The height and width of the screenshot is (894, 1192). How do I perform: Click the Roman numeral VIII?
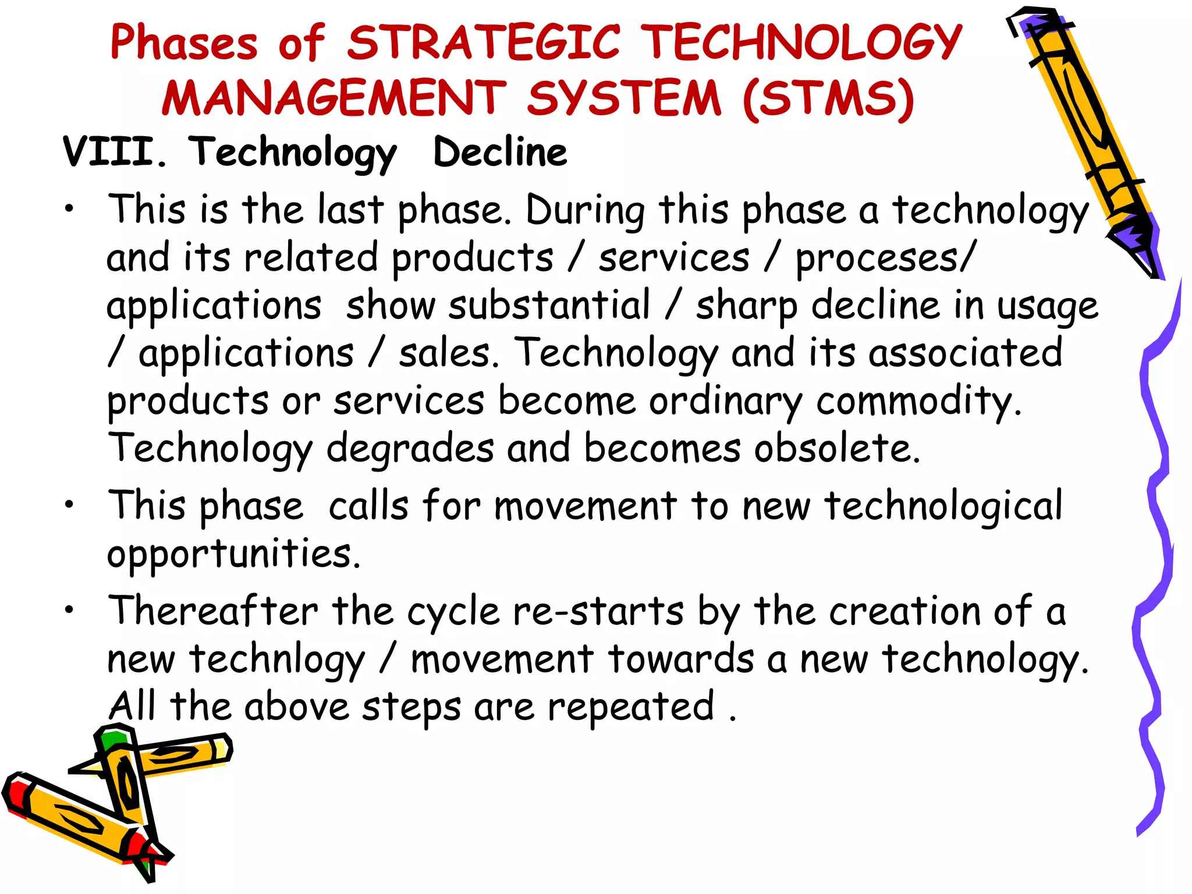[x=114, y=152]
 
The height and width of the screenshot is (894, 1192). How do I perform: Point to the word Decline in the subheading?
[x=500, y=152]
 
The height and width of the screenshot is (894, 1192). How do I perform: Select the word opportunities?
[x=233, y=554]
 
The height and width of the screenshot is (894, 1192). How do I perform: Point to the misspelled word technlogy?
[x=277, y=659]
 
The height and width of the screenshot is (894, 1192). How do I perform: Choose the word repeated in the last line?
[x=631, y=707]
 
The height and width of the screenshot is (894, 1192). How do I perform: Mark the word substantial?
[x=549, y=306]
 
